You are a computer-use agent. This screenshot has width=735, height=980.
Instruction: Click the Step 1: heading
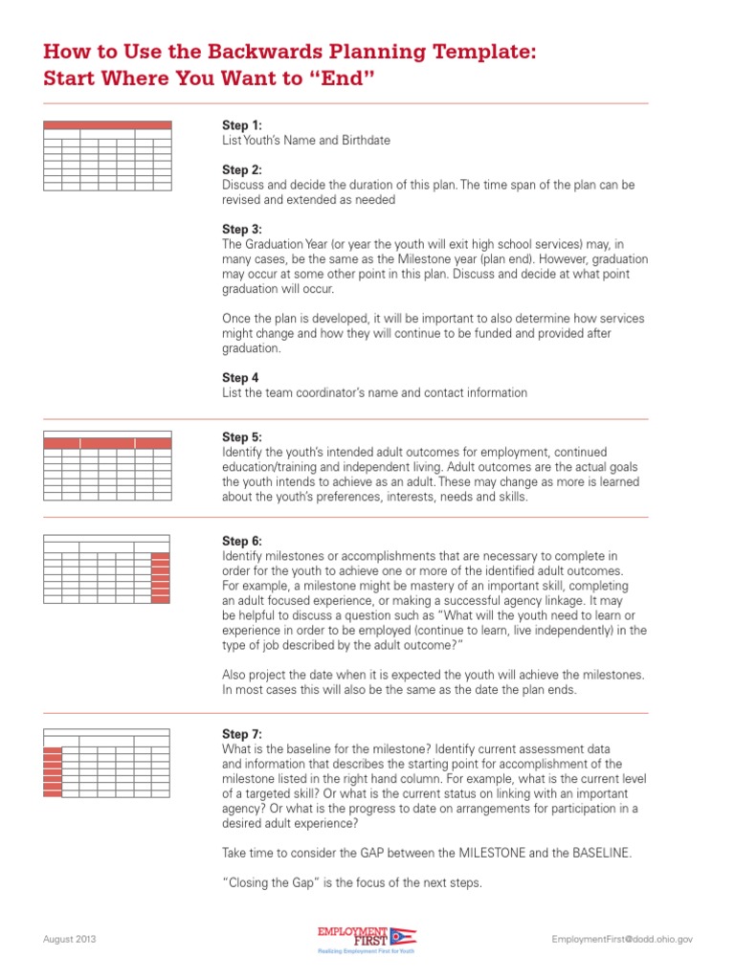241,125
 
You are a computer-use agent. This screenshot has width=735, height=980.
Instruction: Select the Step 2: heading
241,169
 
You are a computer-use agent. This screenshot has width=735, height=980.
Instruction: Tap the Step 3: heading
241,230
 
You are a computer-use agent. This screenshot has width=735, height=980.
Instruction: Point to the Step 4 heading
240,378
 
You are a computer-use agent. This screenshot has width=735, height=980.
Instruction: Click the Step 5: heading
241,437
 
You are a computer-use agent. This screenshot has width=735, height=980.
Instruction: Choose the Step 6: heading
241,541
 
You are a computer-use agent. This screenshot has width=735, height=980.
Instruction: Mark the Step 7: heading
241,734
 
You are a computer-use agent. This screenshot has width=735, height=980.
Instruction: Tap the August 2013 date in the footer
70,939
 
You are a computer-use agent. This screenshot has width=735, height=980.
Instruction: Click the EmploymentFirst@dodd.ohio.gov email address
622,939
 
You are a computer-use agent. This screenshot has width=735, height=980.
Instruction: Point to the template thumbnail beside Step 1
107,155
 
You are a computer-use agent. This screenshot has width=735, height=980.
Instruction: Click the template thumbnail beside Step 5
107,465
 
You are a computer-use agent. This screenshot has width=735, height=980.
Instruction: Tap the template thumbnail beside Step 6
107,568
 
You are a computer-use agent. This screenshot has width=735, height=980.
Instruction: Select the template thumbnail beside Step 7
107,763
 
